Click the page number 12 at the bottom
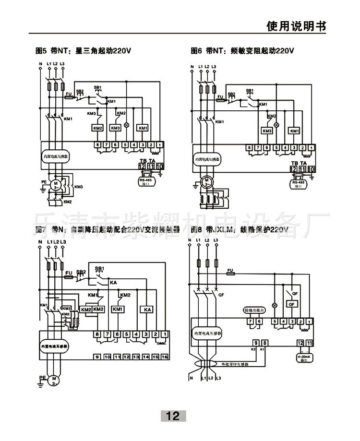[173, 416]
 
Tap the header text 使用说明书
[296, 26]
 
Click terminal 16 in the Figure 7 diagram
[164, 357]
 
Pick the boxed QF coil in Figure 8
[291, 304]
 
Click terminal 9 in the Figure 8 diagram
[256, 343]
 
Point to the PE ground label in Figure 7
[42, 377]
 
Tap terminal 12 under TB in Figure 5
[142, 167]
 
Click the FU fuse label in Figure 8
[230, 270]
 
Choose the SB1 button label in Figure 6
[249, 91]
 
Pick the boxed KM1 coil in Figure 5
[143, 128]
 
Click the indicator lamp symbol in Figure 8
[275, 305]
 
